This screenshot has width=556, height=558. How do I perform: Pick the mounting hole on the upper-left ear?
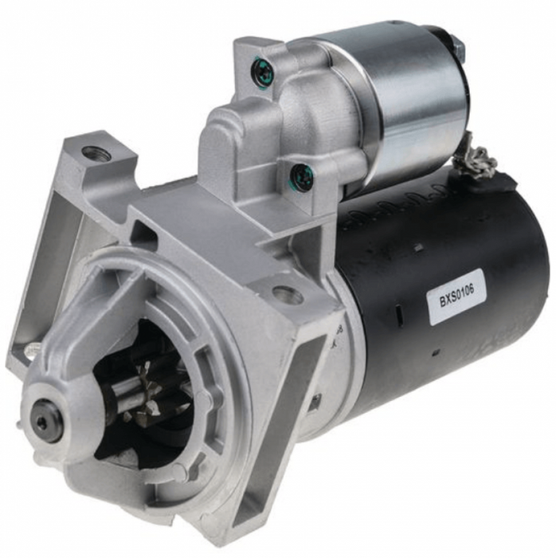click(x=95, y=153)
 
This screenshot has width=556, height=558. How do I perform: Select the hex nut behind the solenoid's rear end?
click(x=459, y=48)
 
